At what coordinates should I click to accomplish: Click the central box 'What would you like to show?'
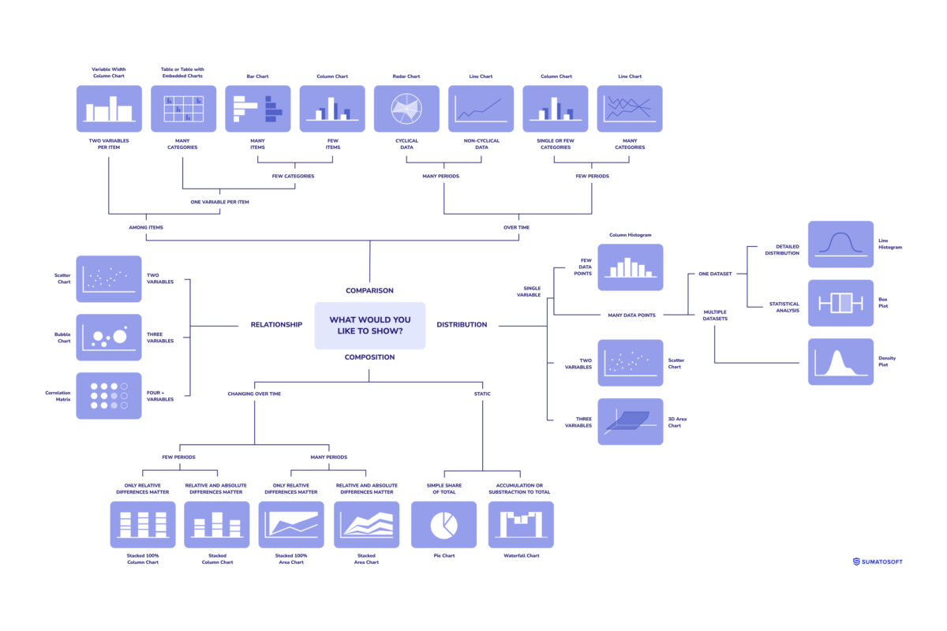(369, 325)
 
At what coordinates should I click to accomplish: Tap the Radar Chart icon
(406, 109)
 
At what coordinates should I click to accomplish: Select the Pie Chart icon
(444, 525)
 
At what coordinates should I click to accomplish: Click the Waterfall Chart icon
(521, 525)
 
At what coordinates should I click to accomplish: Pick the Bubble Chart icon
(109, 338)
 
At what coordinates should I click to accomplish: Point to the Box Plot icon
(840, 303)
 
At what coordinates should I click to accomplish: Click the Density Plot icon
(840, 361)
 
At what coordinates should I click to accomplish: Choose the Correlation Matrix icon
(109, 396)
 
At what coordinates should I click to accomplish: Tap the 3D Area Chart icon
(630, 421)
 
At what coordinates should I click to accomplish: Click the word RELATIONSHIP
(276, 324)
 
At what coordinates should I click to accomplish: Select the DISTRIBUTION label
(462, 324)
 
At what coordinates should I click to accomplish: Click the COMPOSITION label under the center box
(369, 357)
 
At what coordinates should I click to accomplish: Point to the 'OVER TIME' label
(517, 227)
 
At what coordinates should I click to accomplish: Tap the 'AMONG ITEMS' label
(145, 227)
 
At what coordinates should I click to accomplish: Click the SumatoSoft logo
(878, 562)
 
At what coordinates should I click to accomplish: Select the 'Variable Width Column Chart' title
(109, 73)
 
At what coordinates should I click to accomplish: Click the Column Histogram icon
(630, 267)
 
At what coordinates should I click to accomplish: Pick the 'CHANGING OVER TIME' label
(254, 393)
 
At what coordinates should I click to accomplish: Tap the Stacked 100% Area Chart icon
(291, 525)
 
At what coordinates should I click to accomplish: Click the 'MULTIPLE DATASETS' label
(715, 315)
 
